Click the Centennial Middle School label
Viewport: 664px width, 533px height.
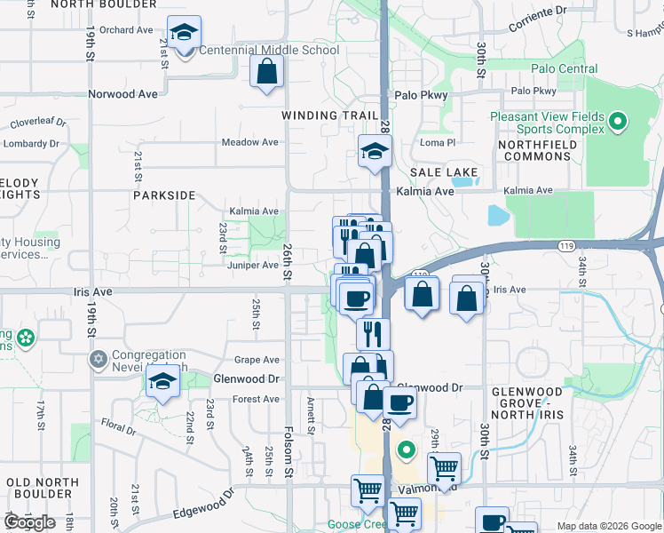[x=268, y=50]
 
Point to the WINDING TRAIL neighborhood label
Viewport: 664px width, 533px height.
[x=323, y=115]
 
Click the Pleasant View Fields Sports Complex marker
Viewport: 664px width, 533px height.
[x=620, y=121]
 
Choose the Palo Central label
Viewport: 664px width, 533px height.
[x=564, y=68]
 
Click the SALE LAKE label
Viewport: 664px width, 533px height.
[x=444, y=172]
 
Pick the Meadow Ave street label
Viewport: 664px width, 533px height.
[x=249, y=142]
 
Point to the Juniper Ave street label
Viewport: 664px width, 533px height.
[x=254, y=265]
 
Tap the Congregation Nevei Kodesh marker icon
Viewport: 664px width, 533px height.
[x=98, y=360]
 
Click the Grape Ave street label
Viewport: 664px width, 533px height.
[x=257, y=360]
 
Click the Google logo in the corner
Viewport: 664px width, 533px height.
[x=29, y=522]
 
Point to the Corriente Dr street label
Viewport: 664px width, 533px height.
[x=539, y=18]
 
